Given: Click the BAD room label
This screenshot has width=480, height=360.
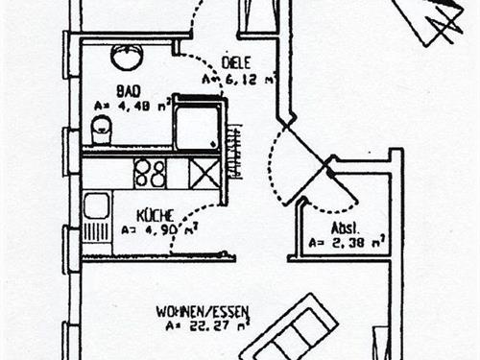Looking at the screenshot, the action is pyautogui.click(x=129, y=90).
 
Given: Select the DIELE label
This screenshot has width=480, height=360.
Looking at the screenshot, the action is pyautogui.click(x=236, y=63).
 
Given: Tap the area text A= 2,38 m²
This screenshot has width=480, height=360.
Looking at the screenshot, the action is pyautogui.click(x=347, y=243).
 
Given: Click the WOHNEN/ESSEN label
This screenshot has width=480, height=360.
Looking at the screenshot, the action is pyautogui.click(x=203, y=311).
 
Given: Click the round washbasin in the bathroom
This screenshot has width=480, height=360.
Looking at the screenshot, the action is pyautogui.click(x=127, y=58).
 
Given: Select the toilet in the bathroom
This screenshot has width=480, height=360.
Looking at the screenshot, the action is pyautogui.click(x=101, y=128).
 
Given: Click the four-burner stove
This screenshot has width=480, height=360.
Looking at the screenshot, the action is pyautogui.click(x=149, y=173).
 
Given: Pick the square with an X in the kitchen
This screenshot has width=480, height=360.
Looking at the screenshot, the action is pyautogui.click(x=204, y=173).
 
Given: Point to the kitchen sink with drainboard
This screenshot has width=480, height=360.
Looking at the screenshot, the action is pyautogui.click(x=96, y=217).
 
